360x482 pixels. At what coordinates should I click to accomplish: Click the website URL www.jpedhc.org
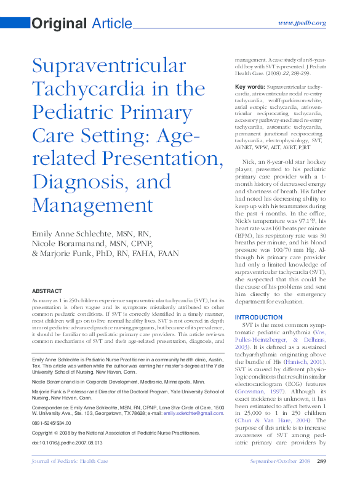tap(302, 23)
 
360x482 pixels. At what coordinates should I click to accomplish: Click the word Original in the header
tap(58, 24)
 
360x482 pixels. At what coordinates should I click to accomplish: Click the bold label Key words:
tap(250, 87)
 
